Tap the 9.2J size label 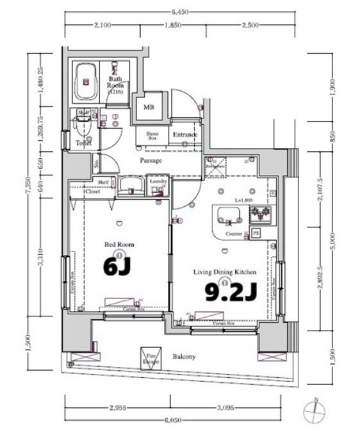231,292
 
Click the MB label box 149,108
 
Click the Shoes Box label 152,136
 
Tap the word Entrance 185,135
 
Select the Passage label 151,160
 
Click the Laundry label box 158,184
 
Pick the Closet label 92,191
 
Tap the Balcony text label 183,357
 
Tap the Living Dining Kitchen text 224,272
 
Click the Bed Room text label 119,245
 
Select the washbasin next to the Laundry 131,186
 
